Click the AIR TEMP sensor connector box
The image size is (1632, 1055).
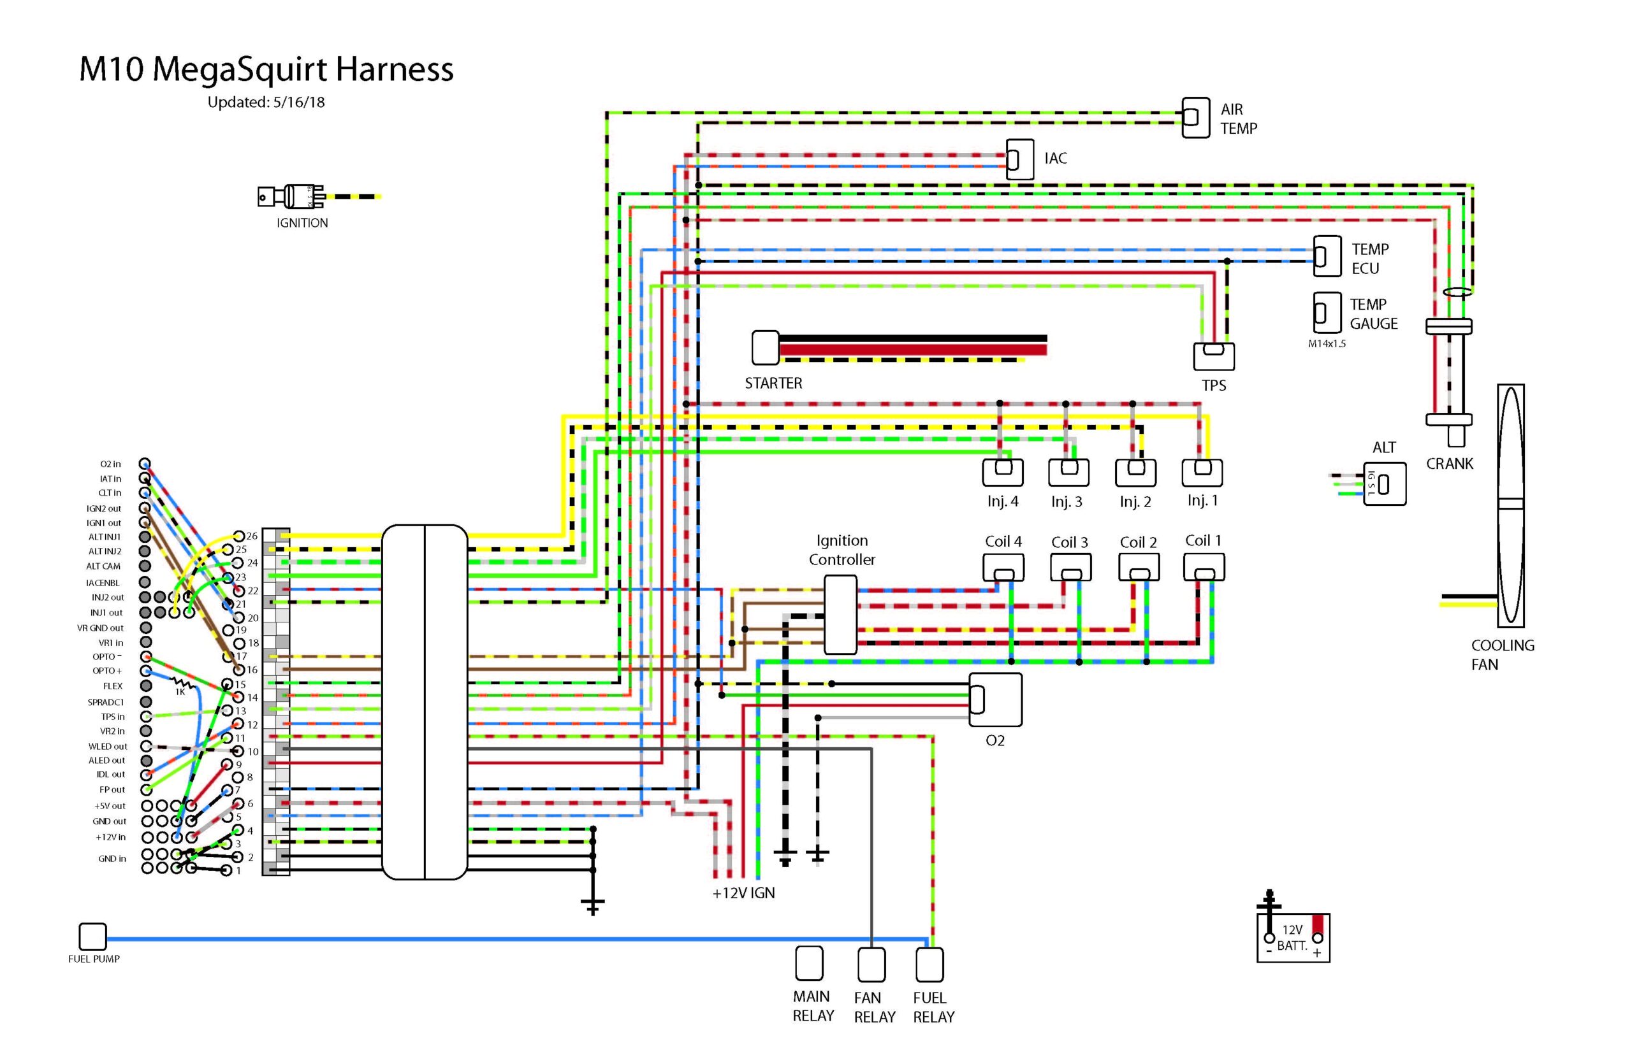point(1195,117)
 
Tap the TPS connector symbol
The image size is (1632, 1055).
point(1213,355)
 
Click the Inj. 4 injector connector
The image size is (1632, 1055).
point(1002,471)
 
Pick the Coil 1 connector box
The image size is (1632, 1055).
point(1204,567)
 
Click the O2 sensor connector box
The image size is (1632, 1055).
point(994,700)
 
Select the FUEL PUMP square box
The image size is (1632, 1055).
point(92,937)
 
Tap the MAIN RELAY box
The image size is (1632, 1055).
point(809,963)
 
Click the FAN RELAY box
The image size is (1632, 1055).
point(871,965)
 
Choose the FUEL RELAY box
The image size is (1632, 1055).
point(929,965)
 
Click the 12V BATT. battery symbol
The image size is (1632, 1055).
point(1293,937)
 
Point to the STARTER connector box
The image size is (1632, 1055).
point(765,347)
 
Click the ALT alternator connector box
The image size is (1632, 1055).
point(1384,484)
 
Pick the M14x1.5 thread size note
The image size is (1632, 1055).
point(1326,344)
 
